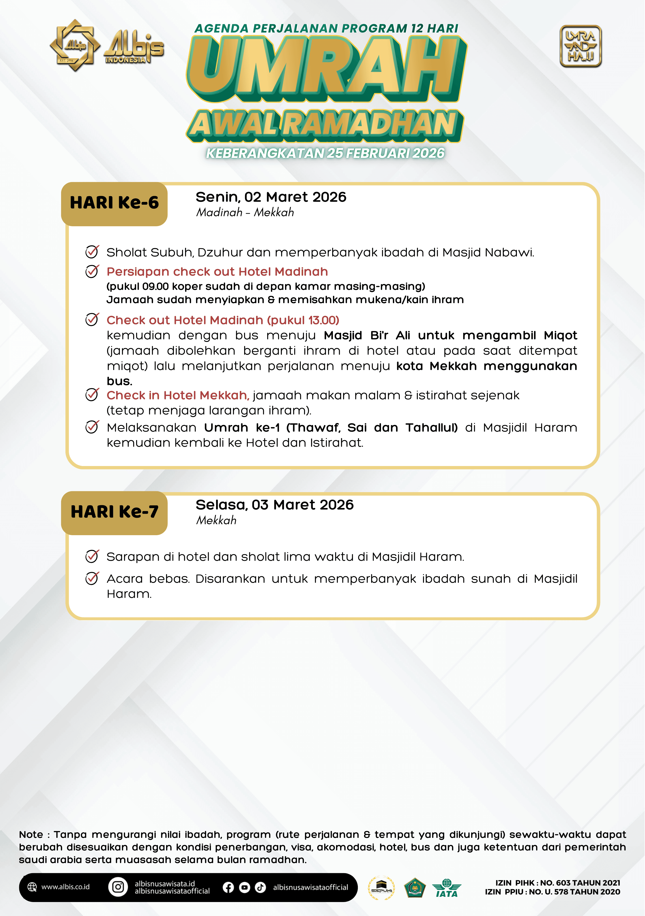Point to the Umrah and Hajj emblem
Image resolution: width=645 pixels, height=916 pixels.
(580, 46)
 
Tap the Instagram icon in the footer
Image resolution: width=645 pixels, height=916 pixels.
(118, 887)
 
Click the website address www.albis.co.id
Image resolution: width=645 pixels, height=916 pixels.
(65, 887)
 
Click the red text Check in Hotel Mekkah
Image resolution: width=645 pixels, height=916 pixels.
(177, 395)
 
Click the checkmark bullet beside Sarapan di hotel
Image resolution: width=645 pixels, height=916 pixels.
(92, 556)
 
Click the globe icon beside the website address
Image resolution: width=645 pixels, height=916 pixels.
(32, 887)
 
